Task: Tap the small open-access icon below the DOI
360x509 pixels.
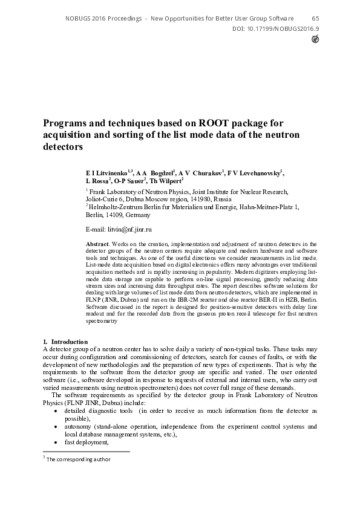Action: pyautogui.click(x=315, y=39)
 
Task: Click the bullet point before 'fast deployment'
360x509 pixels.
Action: pyautogui.click(x=56, y=442)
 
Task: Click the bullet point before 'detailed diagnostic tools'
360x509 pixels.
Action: pyautogui.click(x=56, y=410)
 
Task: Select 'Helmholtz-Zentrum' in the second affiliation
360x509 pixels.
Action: pyautogui.click(x=115, y=207)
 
